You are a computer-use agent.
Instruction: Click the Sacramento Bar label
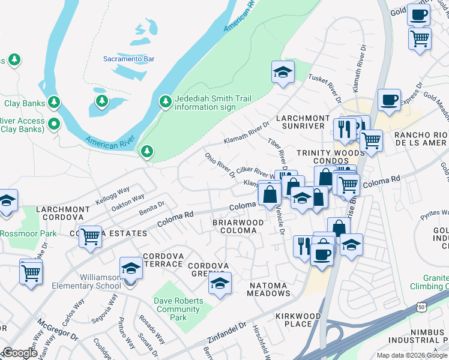[x=128, y=59]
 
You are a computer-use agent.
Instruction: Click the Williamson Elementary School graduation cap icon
[x=130, y=268]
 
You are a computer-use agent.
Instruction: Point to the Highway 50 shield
[x=421, y=307]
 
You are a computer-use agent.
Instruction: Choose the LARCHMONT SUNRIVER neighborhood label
[x=303, y=122]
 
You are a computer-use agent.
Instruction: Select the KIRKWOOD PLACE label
[x=294, y=320]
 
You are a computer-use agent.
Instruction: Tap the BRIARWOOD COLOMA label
[x=238, y=226]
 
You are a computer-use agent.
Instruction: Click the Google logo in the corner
[x=20, y=353]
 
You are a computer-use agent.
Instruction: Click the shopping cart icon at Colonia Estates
[x=90, y=236]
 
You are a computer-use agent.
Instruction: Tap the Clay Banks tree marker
[x=55, y=103]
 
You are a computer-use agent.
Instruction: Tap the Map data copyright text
[x=412, y=355]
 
